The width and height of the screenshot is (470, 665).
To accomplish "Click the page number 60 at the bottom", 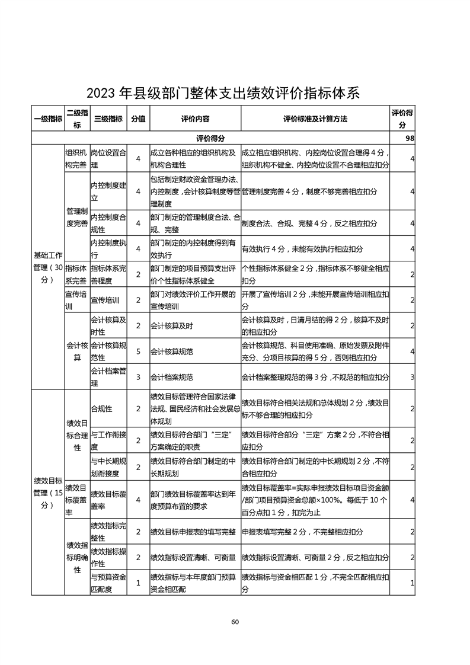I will coord(235,622).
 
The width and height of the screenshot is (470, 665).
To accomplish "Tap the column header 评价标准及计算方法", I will coord(315,119).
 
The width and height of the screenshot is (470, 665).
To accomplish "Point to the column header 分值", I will coord(138,119).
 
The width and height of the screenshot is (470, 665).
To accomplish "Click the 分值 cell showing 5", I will coord(138,351).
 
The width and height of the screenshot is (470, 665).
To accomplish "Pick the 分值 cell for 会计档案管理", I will coord(138,377).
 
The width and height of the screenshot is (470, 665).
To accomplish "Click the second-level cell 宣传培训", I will coord(75,300).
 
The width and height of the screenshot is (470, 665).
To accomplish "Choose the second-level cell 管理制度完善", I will coord(76,217).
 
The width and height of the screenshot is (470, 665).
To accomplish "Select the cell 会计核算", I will coord(76,351).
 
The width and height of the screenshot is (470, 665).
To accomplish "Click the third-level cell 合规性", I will coord(101,409).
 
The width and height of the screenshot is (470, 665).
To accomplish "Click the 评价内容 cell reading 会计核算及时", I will coord(172,326).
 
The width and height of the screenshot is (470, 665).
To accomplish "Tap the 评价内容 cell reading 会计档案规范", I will coord(172,377).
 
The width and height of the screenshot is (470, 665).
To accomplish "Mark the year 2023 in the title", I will coord(102,93).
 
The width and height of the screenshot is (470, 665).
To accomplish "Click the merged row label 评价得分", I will coord(210,138).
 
